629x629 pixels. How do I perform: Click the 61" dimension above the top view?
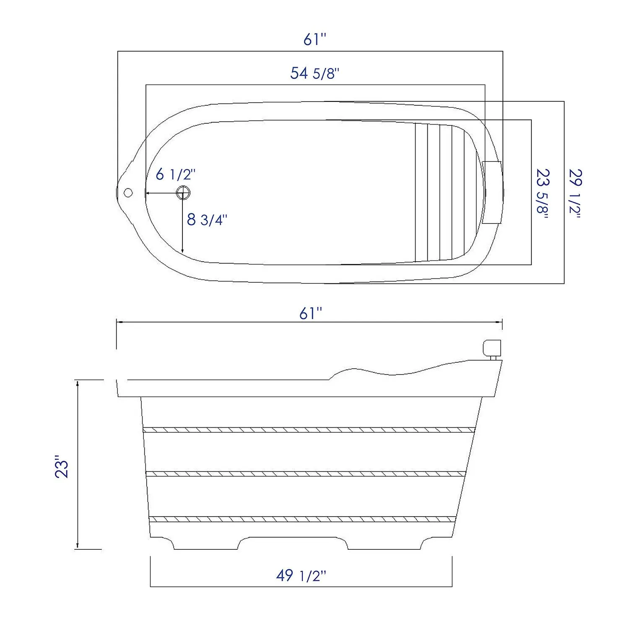click(314, 40)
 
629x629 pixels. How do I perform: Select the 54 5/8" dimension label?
click(314, 73)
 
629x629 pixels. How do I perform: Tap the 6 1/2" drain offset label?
click(175, 174)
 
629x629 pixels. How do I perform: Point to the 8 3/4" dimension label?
click(207, 219)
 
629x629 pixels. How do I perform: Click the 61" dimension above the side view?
click(310, 313)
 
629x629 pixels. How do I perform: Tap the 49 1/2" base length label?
click(301, 576)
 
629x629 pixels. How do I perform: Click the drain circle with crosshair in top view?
click(183, 192)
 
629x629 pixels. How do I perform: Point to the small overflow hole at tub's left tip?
click(128, 192)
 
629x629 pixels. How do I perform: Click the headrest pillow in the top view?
click(492, 192)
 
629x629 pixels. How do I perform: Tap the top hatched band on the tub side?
click(309, 430)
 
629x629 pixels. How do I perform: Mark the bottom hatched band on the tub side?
click(303, 519)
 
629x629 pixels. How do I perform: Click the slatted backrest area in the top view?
click(440, 192)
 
